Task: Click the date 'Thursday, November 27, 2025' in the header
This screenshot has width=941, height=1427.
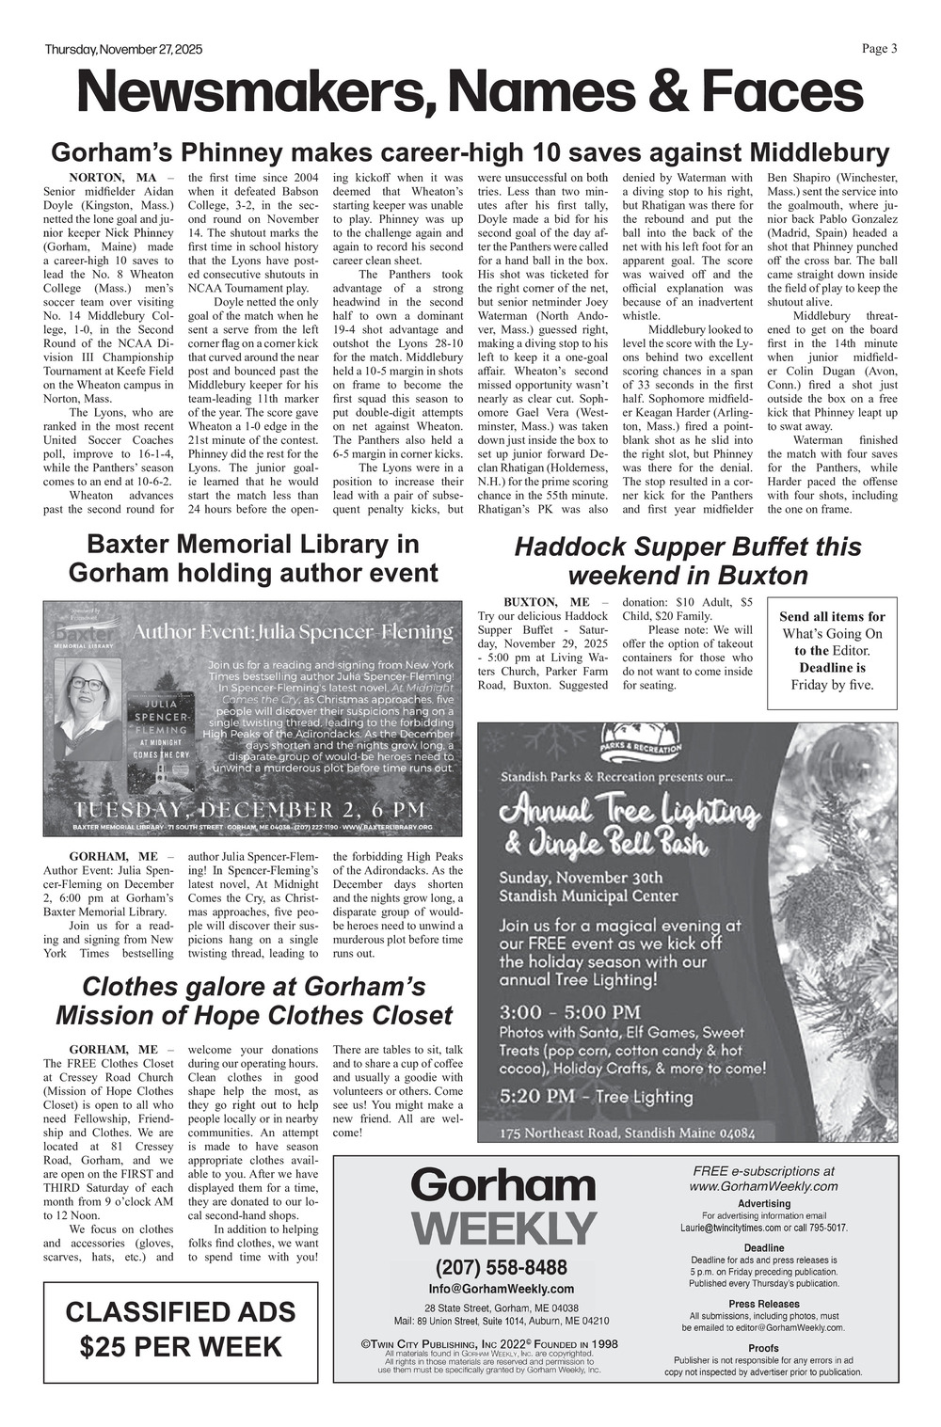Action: (x=123, y=50)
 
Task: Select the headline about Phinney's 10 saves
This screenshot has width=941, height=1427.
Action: (x=470, y=153)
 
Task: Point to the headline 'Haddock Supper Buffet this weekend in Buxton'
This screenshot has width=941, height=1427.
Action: (x=688, y=561)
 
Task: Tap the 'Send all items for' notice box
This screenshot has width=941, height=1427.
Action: (x=832, y=651)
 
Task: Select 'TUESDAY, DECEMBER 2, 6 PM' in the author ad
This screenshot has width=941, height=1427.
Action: (x=250, y=810)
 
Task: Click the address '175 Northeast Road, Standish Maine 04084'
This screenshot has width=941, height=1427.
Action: (x=627, y=1132)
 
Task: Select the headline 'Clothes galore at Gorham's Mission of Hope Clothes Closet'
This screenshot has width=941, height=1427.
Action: (x=254, y=1001)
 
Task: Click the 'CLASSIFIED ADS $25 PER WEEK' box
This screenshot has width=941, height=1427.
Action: (x=181, y=1329)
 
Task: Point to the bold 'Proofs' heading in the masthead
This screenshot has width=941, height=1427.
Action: (x=763, y=1348)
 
